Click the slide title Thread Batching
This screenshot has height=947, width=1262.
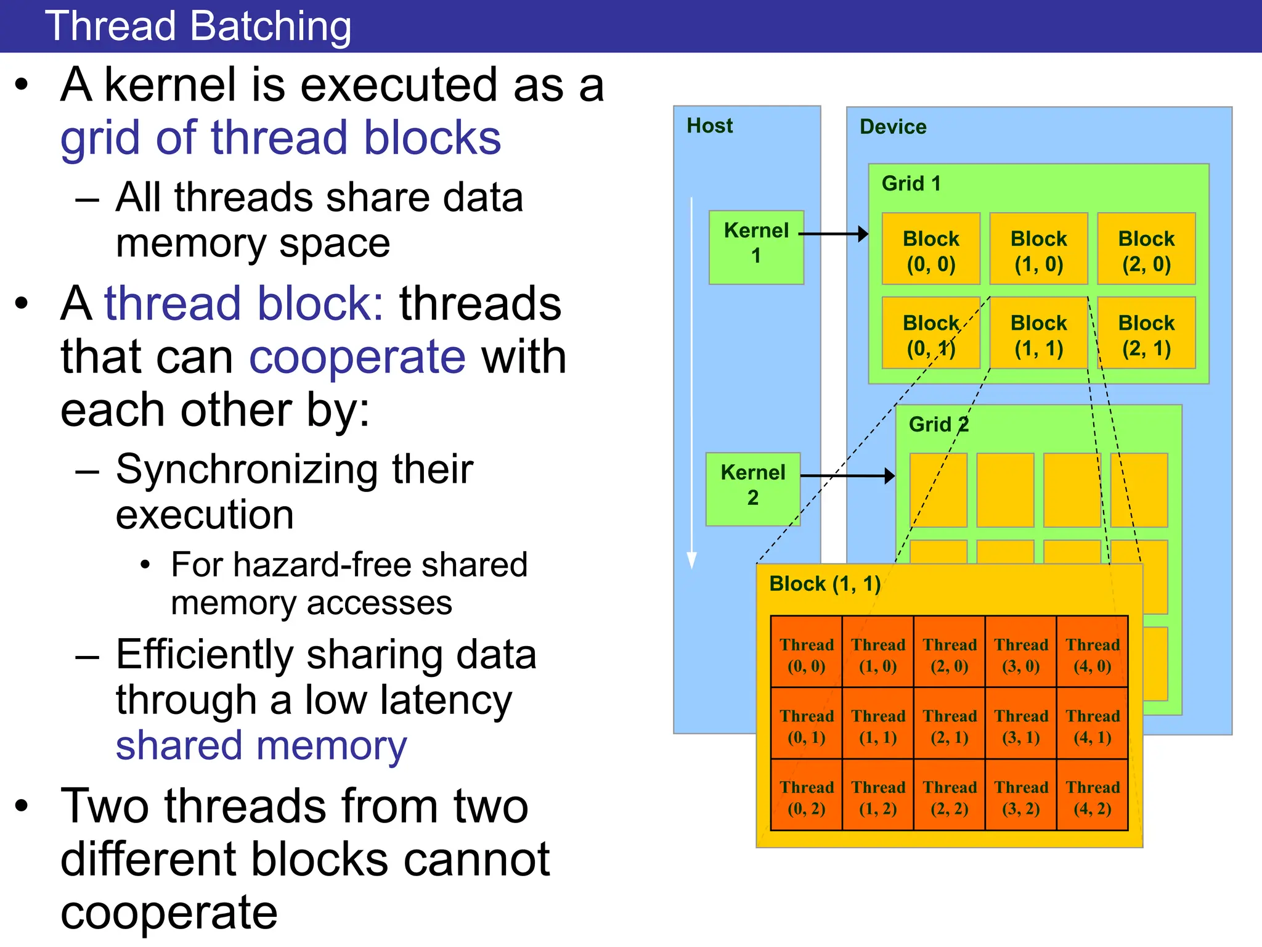(x=198, y=27)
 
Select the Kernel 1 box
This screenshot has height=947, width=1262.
(x=756, y=247)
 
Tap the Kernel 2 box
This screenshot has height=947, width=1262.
(x=753, y=489)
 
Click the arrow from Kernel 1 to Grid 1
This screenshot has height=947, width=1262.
(x=834, y=234)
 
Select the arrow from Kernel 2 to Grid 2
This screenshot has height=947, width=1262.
(x=847, y=475)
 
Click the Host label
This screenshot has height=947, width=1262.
(x=709, y=126)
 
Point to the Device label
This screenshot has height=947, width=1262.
(x=893, y=127)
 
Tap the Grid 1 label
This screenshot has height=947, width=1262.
(x=911, y=184)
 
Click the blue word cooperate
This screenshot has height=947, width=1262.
(x=357, y=357)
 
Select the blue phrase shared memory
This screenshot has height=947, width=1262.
(x=261, y=745)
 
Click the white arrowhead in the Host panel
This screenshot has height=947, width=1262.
(x=691, y=559)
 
